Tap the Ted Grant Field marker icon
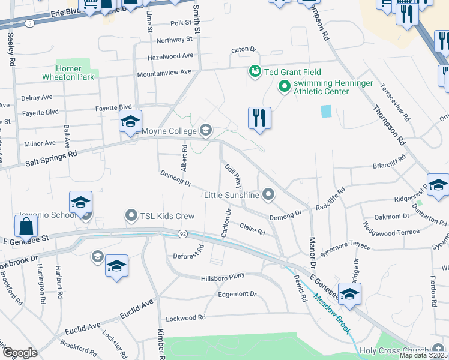(255, 71)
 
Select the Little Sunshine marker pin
(268, 194)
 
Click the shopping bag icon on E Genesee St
(26, 227)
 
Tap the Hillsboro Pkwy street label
(223, 275)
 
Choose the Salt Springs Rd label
(52, 157)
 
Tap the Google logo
(19, 353)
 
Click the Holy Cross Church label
(396, 350)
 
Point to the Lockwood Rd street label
(185, 317)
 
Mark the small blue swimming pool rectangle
(325, 111)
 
